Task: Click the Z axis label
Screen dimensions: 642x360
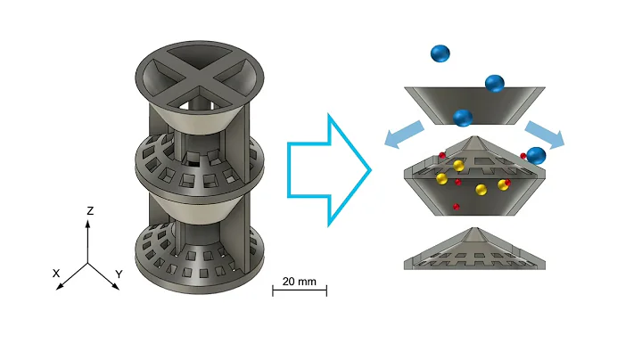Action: (90, 210)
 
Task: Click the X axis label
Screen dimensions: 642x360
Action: (56, 274)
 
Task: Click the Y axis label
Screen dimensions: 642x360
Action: (119, 274)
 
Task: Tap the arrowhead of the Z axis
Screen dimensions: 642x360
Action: (87, 224)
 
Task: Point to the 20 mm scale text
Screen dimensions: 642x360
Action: (300, 282)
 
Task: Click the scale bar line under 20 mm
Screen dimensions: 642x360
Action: (300, 290)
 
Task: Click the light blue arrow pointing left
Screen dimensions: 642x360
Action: (404, 134)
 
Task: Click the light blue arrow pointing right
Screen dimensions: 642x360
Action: (545, 135)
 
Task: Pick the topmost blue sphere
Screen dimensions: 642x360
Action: (440, 53)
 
